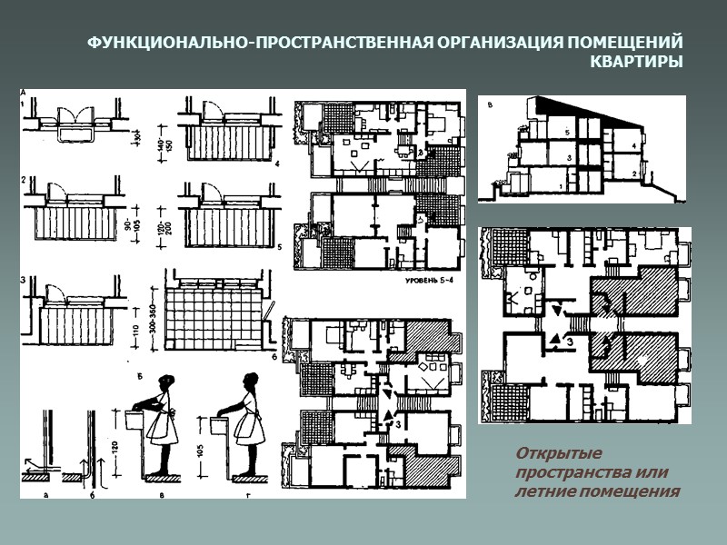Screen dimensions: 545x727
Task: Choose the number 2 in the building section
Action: click(x=633, y=172)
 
